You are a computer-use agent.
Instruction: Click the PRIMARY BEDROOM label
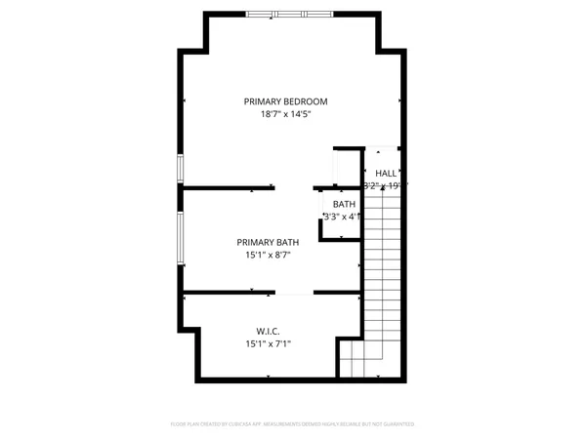pos(285,101)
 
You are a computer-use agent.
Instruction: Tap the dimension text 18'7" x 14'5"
pos(285,115)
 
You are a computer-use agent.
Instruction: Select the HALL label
pos(386,173)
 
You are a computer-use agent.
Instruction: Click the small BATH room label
pos(344,204)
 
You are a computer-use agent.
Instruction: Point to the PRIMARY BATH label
pos(268,242)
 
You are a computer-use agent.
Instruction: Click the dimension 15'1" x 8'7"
pos(268,256)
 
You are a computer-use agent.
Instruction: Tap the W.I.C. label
pos(270,332)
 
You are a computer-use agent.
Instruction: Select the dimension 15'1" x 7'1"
pos(269,344)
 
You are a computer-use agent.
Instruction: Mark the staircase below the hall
pos(383,263)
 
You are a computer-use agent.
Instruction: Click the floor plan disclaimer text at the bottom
pos(293,424)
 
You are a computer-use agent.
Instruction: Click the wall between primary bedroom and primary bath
pos(230,187)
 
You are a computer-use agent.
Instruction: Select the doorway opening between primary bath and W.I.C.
pos(294,292)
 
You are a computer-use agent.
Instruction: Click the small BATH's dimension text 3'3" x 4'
pos(343,217)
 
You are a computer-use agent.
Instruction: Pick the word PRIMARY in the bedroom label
pos(264,101)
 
